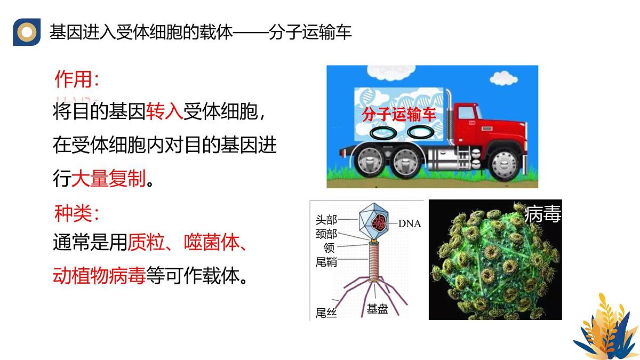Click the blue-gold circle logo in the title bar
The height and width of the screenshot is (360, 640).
click(27, 33)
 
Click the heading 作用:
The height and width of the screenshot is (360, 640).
click(76, 80)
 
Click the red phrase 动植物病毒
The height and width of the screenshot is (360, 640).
click(99, 276)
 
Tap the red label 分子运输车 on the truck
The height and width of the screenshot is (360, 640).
click(399, 114)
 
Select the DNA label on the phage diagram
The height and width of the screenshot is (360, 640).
click(410, 223)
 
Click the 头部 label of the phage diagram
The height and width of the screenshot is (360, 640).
click(326, 220)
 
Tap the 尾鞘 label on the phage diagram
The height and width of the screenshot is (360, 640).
click(326, 262)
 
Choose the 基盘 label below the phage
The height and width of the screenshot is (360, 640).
click(377, 309)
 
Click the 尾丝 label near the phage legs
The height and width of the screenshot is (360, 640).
click(326, 313)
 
